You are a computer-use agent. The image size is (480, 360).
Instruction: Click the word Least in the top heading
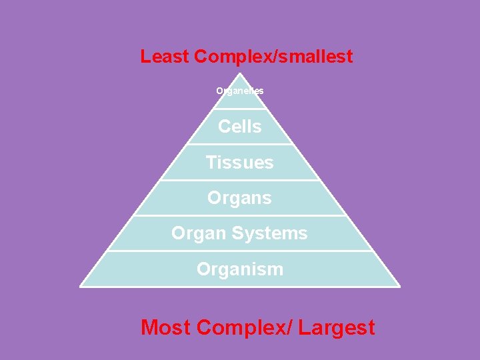click(x=165, y=57)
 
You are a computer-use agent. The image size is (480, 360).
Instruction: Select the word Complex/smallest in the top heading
click(x=273, y=57)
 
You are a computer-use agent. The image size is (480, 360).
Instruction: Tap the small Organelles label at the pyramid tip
click(x=240, y=91)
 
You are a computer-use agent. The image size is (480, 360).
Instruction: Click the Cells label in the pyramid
click(x=240, y=126)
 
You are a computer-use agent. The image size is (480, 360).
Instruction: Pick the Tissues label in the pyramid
click(x=240, y=162)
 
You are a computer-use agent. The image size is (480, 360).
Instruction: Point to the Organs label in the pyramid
click(x=240, y=198)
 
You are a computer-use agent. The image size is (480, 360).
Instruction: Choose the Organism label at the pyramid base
click(x=240, y=269)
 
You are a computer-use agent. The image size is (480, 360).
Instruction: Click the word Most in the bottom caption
click(x=167, y=328)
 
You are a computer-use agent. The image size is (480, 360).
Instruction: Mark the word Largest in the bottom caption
click(x=337, y=328)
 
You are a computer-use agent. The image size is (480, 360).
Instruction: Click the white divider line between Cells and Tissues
click(x=240, y=144)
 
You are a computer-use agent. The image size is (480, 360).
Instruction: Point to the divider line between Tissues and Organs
click(x=240, y=180)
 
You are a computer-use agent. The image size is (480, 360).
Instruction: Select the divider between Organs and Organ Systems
click(x=240, y=215)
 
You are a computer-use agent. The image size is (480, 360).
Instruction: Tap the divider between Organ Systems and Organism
click(x=240, y=251)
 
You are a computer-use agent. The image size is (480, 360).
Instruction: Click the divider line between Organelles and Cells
click(x=240, y=109)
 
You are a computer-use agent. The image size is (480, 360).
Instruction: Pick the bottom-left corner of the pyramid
click(x=81, y=286)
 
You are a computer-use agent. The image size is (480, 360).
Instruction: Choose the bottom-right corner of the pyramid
click(x=399, y=286)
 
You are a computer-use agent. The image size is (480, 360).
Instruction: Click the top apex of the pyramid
click(x=240, y=73)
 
